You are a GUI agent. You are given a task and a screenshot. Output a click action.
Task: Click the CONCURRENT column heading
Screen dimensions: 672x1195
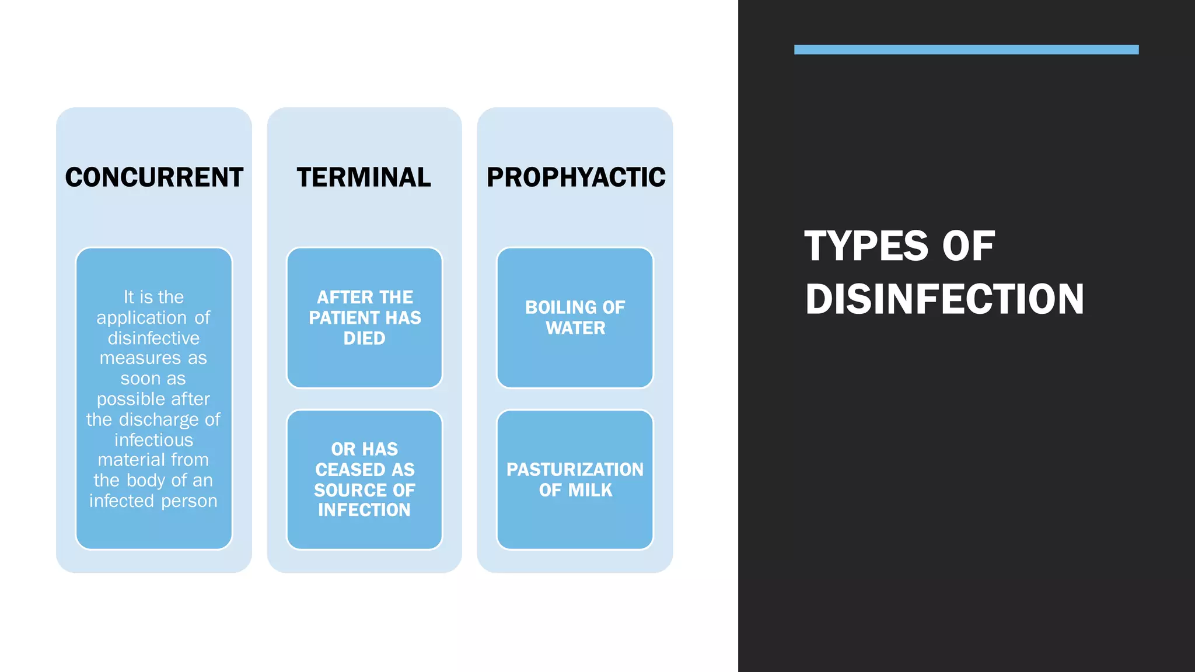[154, 177]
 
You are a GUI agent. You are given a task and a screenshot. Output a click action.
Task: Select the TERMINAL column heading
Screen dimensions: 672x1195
[364, 177]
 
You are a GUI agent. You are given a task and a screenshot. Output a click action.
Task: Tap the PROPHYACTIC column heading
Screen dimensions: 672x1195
[576, 177]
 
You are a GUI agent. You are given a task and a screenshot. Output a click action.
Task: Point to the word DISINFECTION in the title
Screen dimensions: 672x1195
[944, 299]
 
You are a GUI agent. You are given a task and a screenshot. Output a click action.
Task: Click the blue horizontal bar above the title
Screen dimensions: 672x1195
[966, 50]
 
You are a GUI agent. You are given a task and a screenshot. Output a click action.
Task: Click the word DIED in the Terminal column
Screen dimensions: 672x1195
[364, 338]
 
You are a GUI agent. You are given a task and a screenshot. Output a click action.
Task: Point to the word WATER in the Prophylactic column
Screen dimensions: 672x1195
[575, 328]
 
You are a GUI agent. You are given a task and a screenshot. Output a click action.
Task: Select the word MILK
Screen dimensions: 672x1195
[591, 490]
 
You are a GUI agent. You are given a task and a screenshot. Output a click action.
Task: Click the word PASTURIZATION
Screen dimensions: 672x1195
[575, 470]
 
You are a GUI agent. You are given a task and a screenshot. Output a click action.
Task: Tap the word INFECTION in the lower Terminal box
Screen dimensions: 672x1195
[364, 510]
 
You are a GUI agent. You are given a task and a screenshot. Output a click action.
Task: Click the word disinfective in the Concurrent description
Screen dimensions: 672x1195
[153, 338]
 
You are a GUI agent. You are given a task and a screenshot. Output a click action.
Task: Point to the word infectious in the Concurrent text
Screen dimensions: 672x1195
[153, 440]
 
